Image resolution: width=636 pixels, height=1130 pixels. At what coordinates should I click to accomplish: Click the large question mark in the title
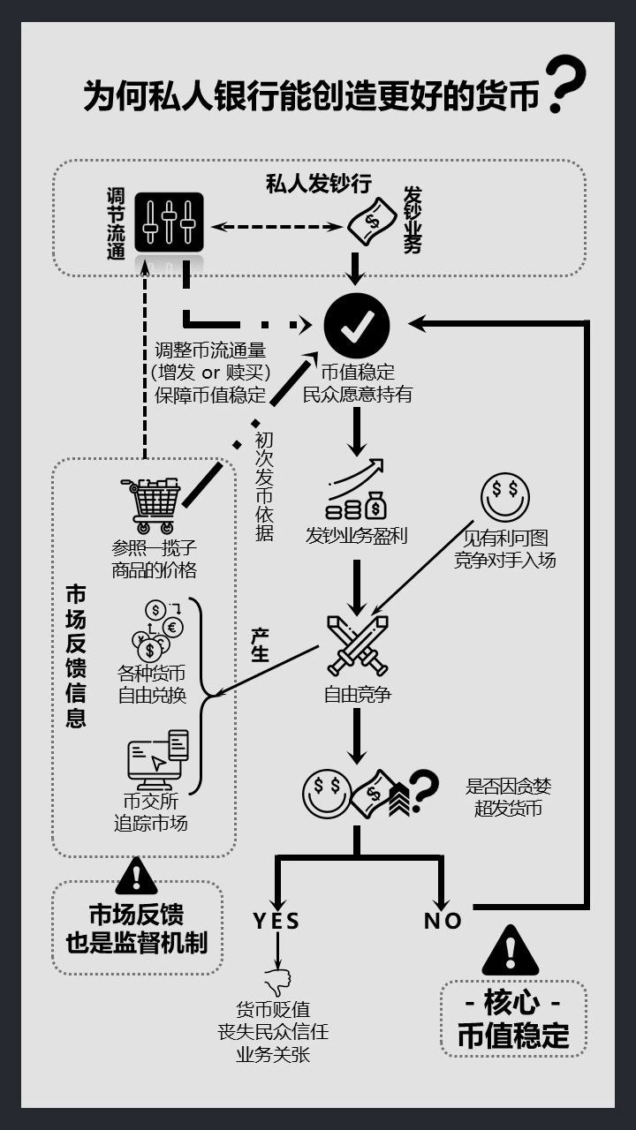tap(566, 85)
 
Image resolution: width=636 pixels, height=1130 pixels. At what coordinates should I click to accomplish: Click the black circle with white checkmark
tap(356, 326)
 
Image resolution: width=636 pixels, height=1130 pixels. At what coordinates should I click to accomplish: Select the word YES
tap(276, 921)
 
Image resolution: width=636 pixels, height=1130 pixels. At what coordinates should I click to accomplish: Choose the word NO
tap(443, 921)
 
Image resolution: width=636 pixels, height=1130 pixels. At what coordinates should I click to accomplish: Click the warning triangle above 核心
tap(511, 952)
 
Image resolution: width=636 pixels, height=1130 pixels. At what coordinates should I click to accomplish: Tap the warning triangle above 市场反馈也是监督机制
tap(136, 876)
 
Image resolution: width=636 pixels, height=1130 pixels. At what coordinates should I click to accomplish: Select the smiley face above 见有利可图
tap(504, 499)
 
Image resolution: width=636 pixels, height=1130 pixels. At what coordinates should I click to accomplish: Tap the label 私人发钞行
tap(318, 184)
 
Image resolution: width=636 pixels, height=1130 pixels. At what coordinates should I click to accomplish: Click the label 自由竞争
tap(357, 695)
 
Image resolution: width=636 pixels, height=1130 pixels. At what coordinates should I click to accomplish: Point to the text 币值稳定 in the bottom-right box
tap(513, 1035)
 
